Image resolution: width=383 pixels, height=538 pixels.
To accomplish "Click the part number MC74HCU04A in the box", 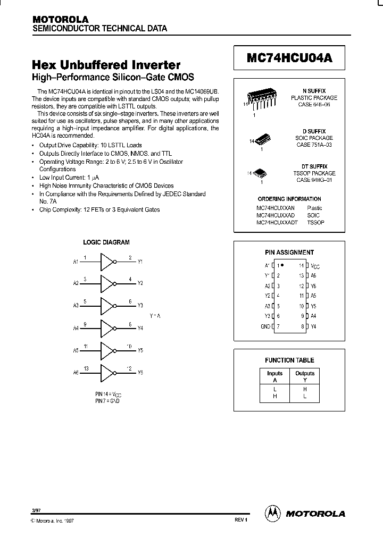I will coord(289,58).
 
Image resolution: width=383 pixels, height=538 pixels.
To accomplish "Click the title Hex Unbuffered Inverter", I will coord(106,65).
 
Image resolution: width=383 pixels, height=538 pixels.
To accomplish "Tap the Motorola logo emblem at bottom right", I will coord(273,513).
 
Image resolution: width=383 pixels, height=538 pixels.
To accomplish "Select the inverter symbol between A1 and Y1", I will coord(109,262).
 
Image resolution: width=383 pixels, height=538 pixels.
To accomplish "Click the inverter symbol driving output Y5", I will coord(109,350).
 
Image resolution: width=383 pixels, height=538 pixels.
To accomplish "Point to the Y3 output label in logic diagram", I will coord(140,306).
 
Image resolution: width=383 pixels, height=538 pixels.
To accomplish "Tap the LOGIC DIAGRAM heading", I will coord(106,242).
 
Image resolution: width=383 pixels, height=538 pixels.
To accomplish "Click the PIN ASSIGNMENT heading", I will coord(289,253).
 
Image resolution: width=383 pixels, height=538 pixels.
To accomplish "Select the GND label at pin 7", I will coord(265,326).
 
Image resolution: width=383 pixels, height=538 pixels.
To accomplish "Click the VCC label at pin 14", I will coord(315,265).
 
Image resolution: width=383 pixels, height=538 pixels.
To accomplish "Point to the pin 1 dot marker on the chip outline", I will coord(282,264).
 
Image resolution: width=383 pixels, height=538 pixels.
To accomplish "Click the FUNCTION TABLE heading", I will coord(289,360).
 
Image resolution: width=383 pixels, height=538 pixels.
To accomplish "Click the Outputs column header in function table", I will coord(305,373).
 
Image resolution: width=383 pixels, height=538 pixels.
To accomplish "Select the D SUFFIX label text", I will coord(313,131).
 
